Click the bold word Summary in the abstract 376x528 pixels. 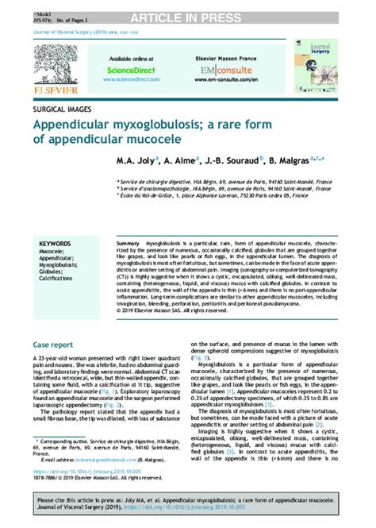128,240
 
